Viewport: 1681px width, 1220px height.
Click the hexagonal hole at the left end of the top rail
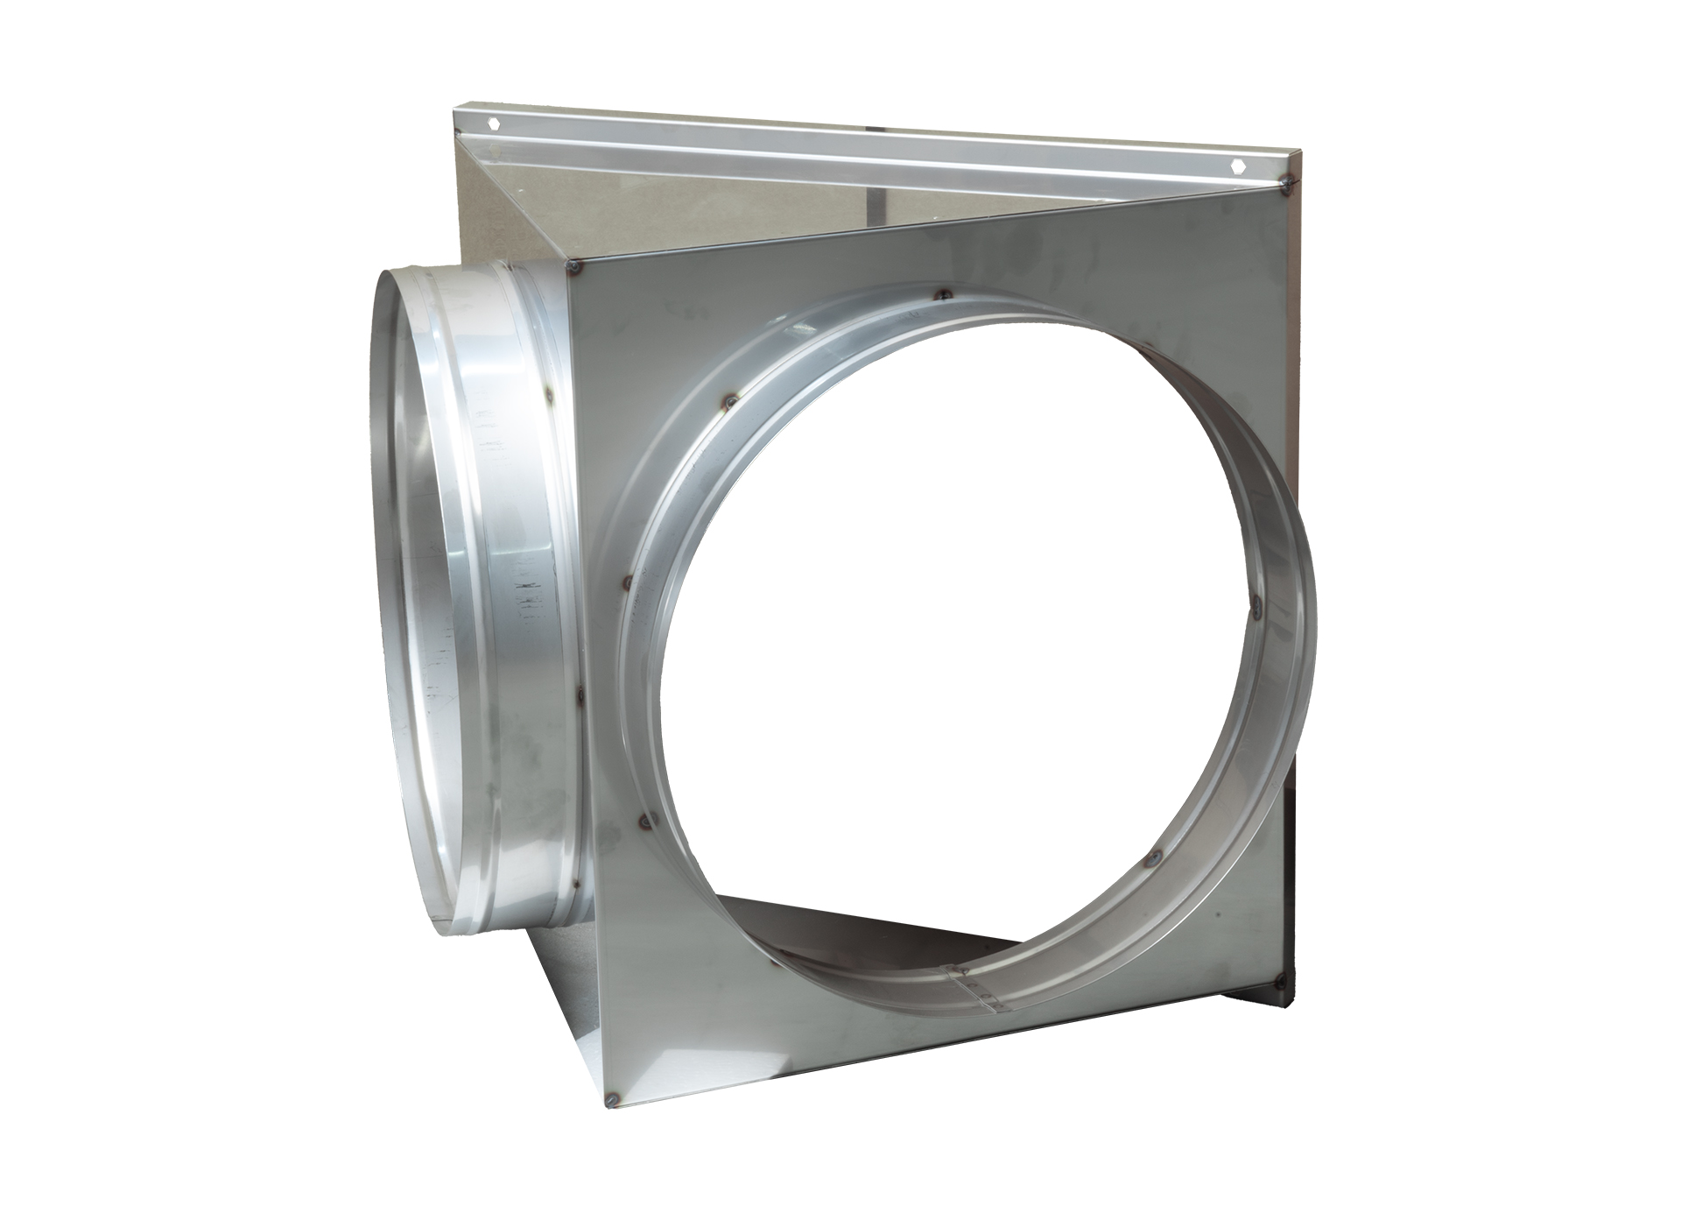click(x=496, y=123)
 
